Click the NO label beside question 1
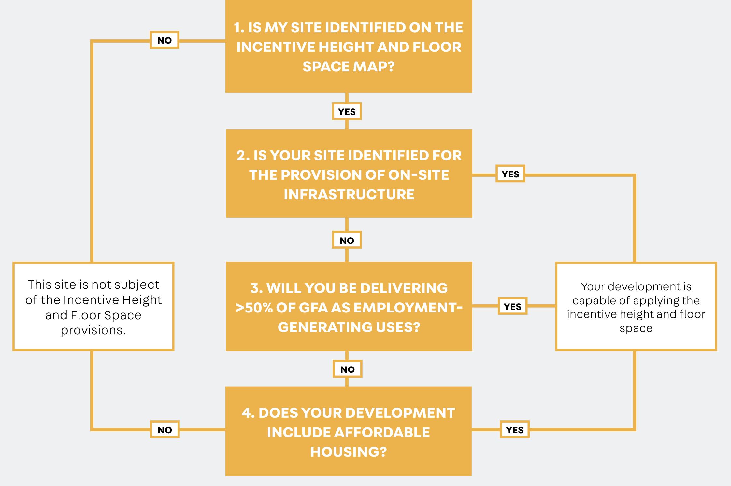tap(165, 40)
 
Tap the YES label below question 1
tap(347, 111)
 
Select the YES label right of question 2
tap(510, 174)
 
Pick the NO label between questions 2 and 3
tap(347, 240)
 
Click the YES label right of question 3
tap(512, 306)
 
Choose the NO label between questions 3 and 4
tap(347, 369)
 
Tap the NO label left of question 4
tap(165, 430)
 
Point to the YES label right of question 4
tap(515, 430)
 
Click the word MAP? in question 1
tap(374, 66)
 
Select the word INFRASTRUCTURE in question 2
tap(349, 194)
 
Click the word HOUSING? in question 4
tap(349, 452)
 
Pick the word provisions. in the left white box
tap(93, 330)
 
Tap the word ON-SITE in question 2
tap(414, 175)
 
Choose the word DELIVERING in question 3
tap(404, 288)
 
